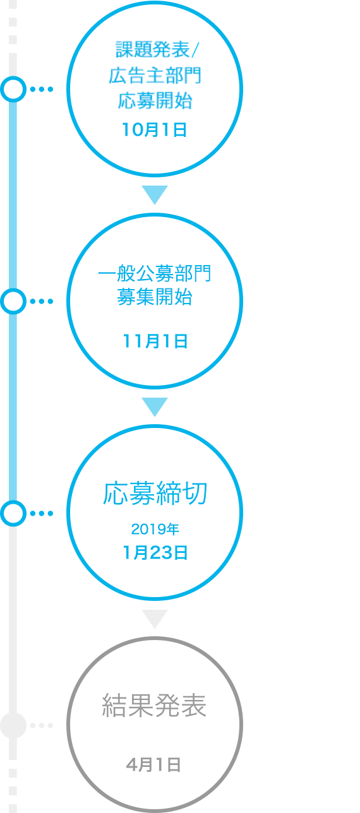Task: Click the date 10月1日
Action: [154, 129]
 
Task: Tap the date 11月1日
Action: [155, 341]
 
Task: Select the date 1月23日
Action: [155, 552]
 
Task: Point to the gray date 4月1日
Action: [153, 765]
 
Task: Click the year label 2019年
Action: [155, 529]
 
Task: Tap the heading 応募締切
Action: [155, 494]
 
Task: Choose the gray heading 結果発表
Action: [154, 706]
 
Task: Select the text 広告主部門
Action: [155, 76]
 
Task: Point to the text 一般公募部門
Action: [155, 273]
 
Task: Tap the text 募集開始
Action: [155, 297]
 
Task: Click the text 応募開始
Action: [155, 100]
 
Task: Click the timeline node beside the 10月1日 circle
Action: [13, 89]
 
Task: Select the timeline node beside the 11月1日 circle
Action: [13, 301]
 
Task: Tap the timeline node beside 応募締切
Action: [13, 513]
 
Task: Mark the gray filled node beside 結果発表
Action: [13, 725]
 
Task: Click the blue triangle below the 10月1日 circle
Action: [155, 194]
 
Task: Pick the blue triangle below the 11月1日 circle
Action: [155, 406]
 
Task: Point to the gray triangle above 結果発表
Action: [155, 618]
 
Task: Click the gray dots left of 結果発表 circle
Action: [42, 725]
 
